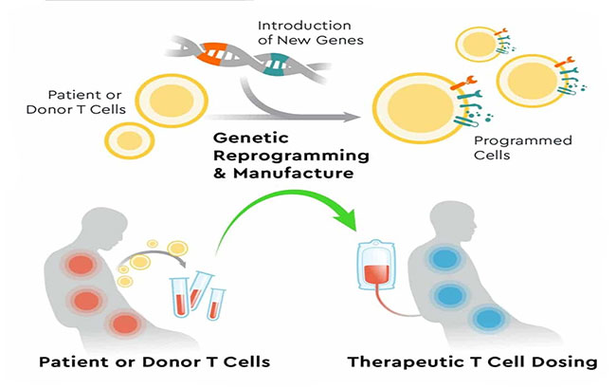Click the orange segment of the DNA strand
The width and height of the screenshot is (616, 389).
tap(212, 53)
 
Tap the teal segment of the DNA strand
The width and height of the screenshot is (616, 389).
tap(276, 65)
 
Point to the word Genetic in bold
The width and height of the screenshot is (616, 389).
tap(250, 139)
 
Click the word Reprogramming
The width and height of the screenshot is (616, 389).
tap(291, 156)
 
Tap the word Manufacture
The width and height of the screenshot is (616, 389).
tap(293, 173)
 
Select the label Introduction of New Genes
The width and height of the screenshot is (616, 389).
tap(310, 32)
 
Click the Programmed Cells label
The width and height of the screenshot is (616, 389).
tap(522, 147)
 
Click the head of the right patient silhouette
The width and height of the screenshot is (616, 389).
tap(453, 220)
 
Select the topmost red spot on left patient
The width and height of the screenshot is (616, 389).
tap(82, 265)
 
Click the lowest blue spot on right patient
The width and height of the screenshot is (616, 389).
tap(489, 318)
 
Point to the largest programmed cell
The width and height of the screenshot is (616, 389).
tap(420, 107)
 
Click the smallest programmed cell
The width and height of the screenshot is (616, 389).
tap(478, 44)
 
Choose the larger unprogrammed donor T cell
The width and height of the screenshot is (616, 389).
tap(172, 101)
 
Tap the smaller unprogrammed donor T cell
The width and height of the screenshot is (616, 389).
tap(129, 140)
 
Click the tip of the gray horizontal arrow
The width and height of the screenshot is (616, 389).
tap(361, 117)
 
